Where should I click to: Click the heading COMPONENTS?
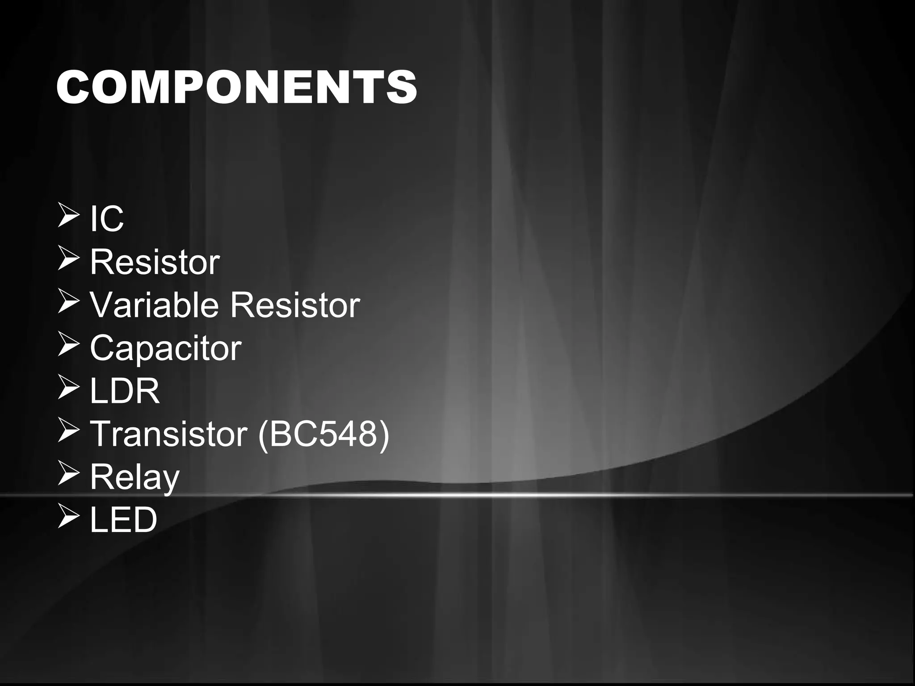pos(236,87)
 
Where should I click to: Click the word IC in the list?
pos(107,219)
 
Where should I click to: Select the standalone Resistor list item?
pos(155,262)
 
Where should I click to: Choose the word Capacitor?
pos(165,348)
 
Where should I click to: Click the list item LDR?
pos(125,391)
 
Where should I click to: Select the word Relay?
pos(134,477)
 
